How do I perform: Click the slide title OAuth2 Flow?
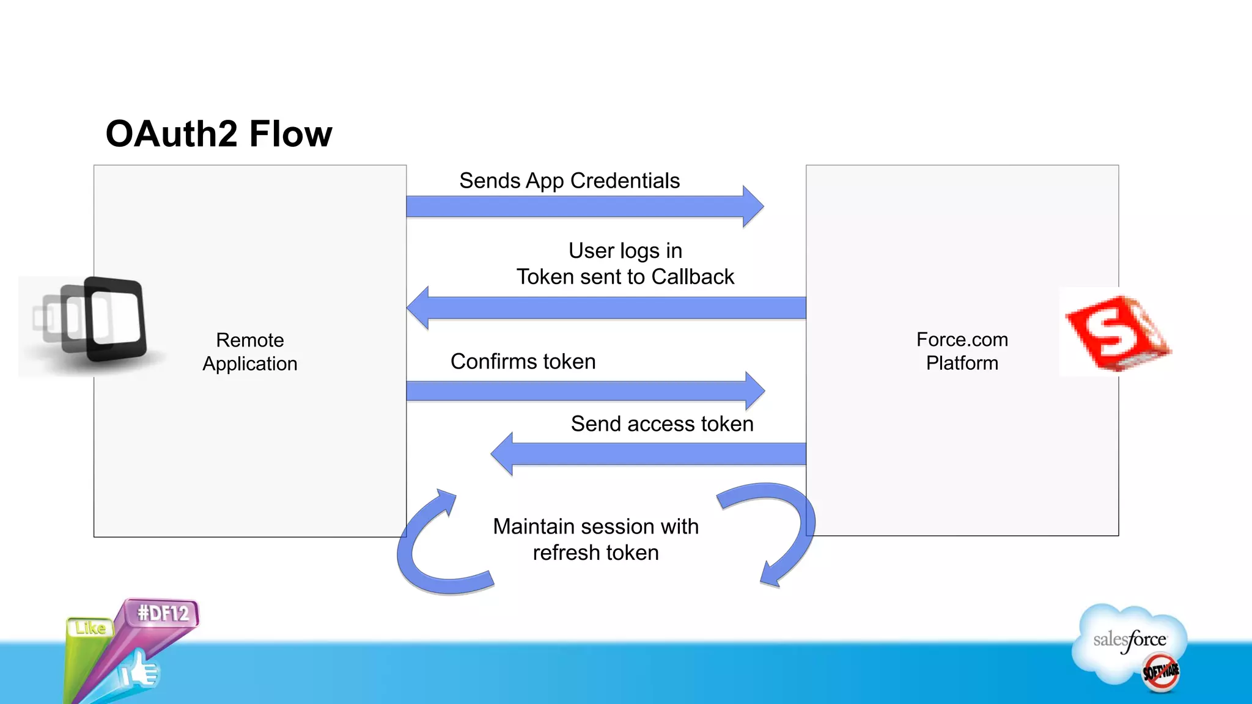coord(219,134)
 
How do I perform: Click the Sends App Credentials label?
coord(569,181)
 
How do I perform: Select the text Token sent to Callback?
coord(625,277)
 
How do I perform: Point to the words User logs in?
coord(625,251)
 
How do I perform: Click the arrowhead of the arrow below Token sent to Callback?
coord(419,308)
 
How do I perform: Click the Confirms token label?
coord(523,362)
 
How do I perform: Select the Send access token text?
coord(661,424)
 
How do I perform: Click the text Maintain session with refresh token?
coord(595,539)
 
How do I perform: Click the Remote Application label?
coord(249,352)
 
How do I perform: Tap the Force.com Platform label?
coord(962,351)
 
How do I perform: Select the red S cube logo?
coord(1116,333)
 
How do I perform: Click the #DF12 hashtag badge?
coord(163,613)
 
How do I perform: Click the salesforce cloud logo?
coord(1130,642)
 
